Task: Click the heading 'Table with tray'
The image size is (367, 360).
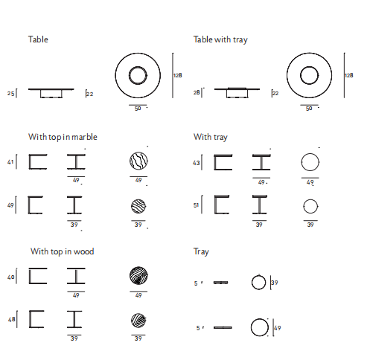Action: tap(220, 39)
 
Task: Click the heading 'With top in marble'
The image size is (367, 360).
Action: tap(63, 137)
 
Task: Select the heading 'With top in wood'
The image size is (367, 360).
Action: tap(63, 251)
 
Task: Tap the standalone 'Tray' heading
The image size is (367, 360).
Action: tap(201, 252)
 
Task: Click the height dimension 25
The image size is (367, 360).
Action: tap(10, 94)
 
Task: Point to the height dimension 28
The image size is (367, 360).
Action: tap(197, 92)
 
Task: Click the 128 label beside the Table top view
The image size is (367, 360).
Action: tap(178, 75)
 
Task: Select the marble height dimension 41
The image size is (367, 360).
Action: tap(10, 162)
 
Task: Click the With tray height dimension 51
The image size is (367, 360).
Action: tap(196, 205)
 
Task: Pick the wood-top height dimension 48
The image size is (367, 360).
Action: tap(12, 319)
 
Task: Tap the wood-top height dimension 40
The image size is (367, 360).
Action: tap(11, 277)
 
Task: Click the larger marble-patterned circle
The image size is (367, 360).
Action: tap(138, 161)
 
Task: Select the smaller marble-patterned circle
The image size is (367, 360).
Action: tap(138, 206)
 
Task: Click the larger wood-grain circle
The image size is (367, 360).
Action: tap(138, 276)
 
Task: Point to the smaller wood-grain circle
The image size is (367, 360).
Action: tap(138, 321)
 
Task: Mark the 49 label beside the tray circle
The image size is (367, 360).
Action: tap(278, 328)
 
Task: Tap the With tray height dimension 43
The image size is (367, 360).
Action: tap(197, 163)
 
